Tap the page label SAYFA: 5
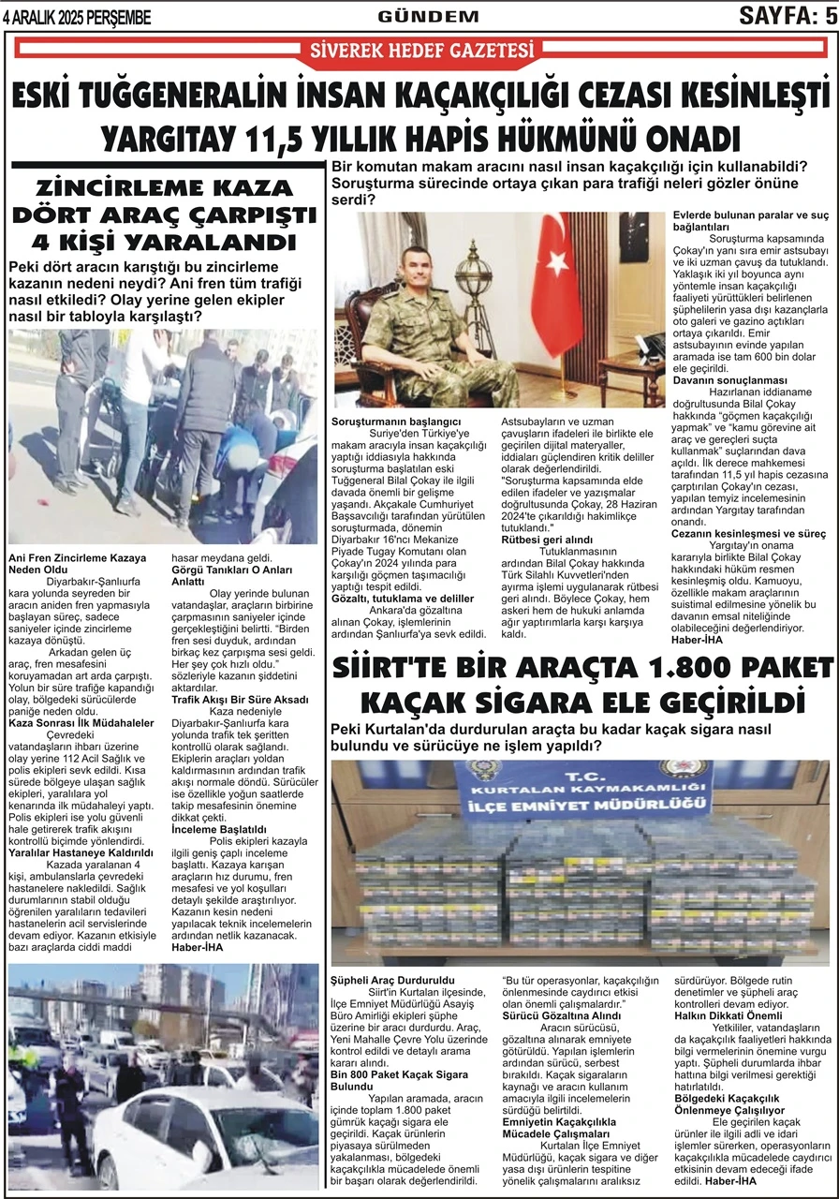point(787,15)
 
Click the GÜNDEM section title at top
point(428,17)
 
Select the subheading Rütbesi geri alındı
point(547,540)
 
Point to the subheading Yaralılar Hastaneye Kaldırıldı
point(81,853)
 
